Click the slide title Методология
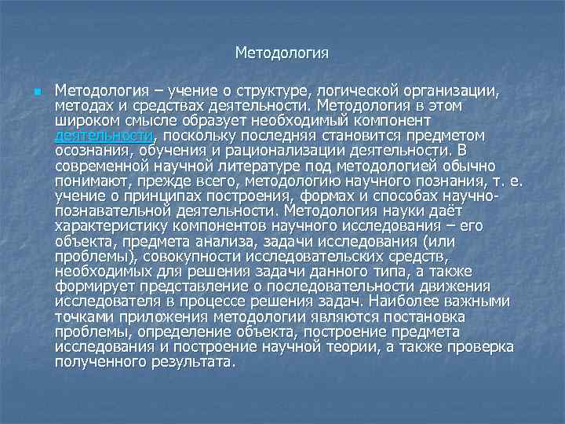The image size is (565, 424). pos(282,53)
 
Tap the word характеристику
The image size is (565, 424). pos(109,225)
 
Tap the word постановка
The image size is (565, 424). pos(430,315)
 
